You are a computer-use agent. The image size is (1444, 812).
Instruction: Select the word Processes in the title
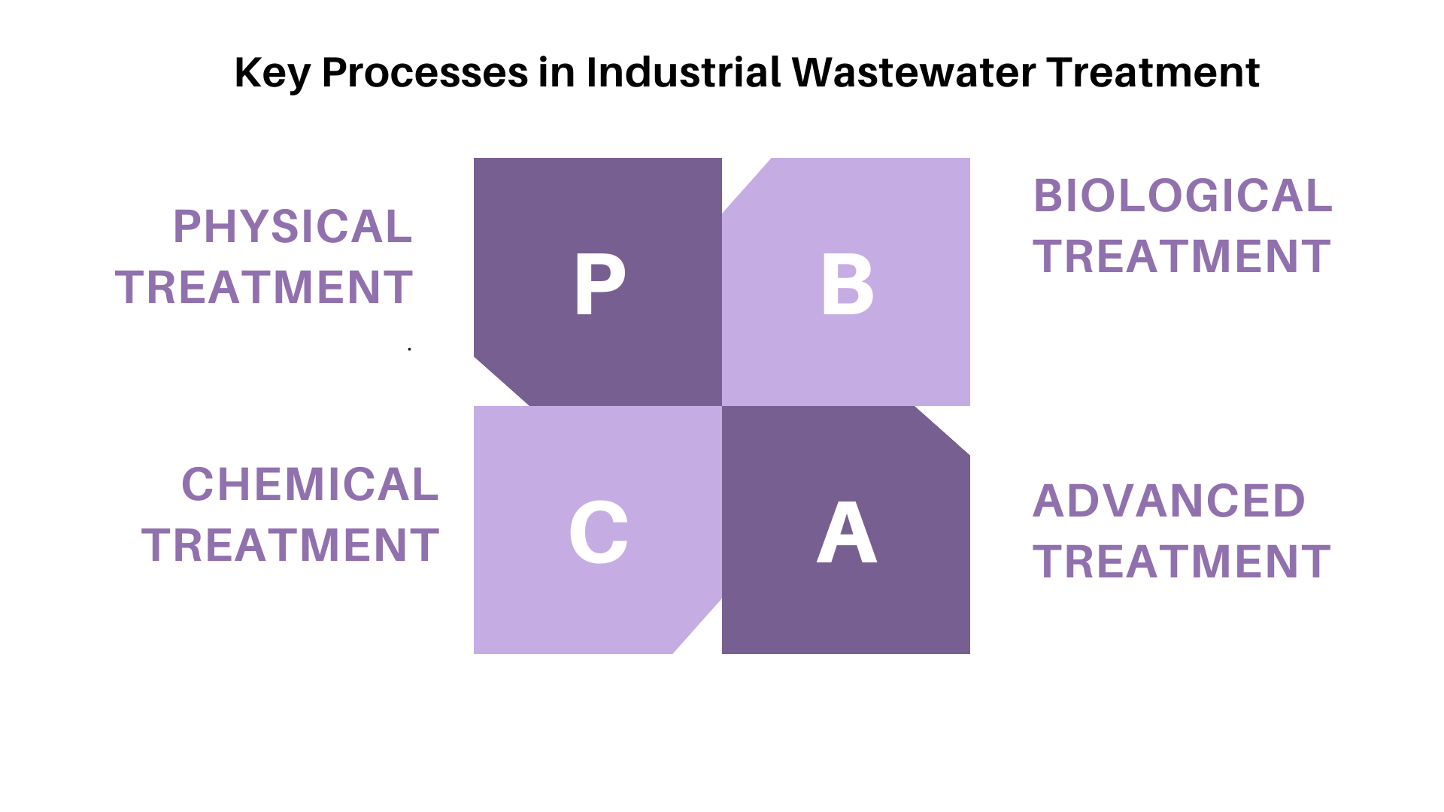[425, 73]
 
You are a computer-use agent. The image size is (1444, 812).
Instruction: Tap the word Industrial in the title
[683, 72]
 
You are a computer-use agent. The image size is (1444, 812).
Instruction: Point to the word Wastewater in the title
[913, 73]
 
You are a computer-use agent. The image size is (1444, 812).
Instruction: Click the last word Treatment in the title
[1153, 73]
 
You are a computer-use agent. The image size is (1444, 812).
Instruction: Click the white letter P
[599, 283]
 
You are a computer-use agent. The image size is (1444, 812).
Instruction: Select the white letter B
[848, 283]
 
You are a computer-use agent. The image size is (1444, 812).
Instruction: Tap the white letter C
[599, 532]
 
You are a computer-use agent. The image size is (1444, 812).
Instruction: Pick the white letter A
[847, 532]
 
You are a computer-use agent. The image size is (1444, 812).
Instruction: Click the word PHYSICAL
[293, 226]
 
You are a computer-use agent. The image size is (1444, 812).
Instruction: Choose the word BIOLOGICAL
[1182, 195]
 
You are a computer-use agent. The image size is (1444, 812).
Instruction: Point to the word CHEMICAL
[310, 484]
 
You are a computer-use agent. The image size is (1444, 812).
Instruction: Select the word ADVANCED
[1169, 501]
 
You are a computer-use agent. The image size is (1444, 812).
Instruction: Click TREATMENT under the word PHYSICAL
[264, 287]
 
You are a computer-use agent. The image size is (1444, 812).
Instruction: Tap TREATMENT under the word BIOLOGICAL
[1182, 256]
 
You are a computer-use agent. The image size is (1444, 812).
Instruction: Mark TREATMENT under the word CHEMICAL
[290, 545]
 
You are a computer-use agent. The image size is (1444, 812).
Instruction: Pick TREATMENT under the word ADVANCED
[1182, 562]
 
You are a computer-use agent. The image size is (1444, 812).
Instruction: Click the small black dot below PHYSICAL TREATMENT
[409, 349]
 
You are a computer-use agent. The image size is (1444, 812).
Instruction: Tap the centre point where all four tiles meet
[722, 406]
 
